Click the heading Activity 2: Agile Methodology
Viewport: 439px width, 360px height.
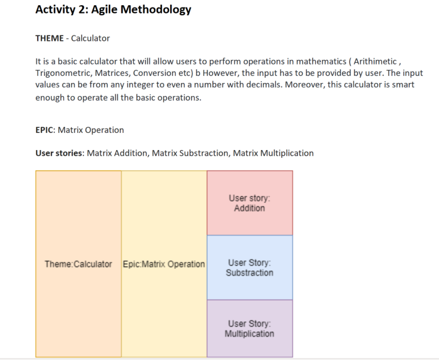[113, 9]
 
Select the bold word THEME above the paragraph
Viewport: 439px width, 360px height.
[49, 38]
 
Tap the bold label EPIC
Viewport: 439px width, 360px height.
[45, 130]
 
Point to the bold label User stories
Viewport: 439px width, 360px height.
[60, 153]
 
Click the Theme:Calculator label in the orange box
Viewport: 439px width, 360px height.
[78, 264]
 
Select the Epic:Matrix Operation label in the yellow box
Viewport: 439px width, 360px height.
[164, 264]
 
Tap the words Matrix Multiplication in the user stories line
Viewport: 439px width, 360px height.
[273, 153]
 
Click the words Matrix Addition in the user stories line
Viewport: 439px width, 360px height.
[117, 153]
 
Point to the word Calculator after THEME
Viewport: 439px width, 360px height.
[90, 38]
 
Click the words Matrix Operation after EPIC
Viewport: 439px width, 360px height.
[91, 130]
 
